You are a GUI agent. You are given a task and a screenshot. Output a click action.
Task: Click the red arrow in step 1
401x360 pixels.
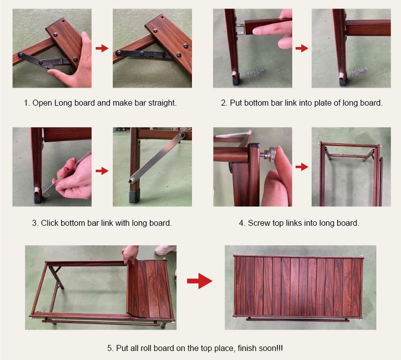(x=102, y=48)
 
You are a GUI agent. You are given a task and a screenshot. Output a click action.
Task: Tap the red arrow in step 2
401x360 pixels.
(x=302, y=48)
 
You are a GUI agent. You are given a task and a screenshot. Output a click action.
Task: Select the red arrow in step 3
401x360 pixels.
(x=102, y=171)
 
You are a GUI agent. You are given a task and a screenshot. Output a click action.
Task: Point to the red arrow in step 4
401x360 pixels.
(x=302, y=167)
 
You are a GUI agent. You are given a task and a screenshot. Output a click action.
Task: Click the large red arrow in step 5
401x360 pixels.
(x=199, y=281)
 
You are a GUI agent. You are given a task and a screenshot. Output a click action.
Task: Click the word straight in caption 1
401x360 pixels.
(x=162, y=103)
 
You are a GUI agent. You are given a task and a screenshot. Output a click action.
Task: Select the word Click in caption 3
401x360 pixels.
(x=49, y=223)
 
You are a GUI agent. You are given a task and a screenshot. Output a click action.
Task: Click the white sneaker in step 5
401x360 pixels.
(x=165, y=250)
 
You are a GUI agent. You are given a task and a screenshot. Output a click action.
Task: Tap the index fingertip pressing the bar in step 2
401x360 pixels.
(x=257, y=31)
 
